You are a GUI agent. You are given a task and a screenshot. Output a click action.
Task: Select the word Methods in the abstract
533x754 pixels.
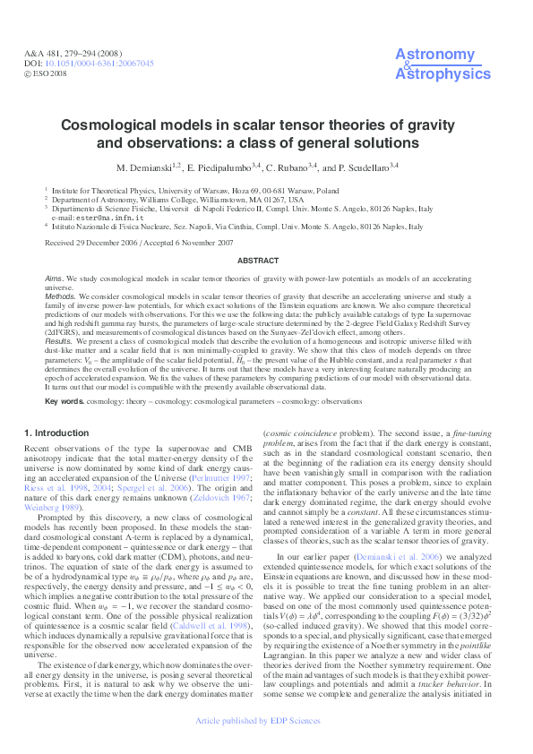click(61, 296)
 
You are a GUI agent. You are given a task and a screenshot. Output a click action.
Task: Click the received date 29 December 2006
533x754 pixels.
click(94, 243)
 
